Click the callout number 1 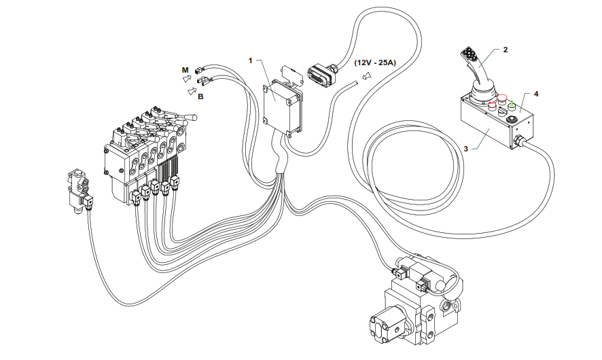coord(251,60)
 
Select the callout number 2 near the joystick coord(505,50)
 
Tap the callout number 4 coord(536,94)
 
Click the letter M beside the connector coord(184,70)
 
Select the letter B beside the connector coord(200,97)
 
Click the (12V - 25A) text coord(375,62)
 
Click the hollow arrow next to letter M coord(188,79)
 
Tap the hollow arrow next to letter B coord(192,90)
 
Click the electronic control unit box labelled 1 coord(282,105)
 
